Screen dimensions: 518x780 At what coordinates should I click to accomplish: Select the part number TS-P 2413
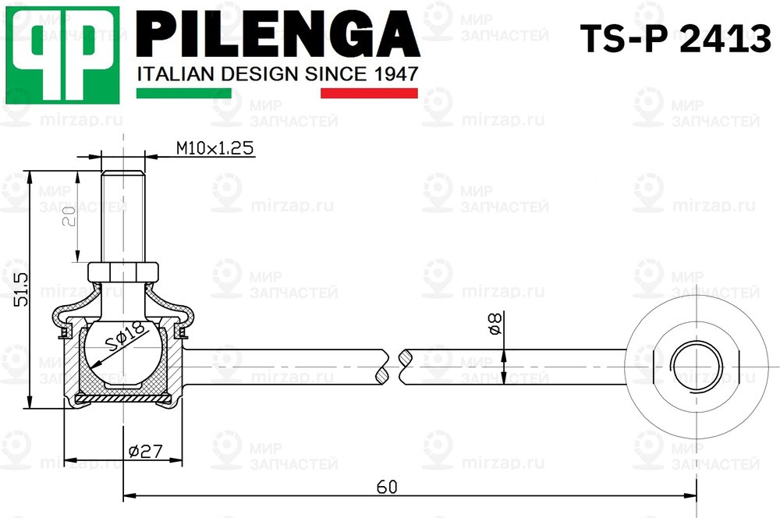(x=674, y=40)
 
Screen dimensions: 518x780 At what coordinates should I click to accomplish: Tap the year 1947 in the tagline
(x=393, y=74)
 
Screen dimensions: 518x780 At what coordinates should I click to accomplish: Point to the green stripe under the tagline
(x=183, y=93)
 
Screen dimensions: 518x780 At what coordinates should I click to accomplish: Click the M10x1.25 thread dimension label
(x=214, y=148)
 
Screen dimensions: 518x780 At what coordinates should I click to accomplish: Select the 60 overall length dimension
(x=387, y=487)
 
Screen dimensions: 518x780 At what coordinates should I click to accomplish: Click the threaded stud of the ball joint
(x=124, y=215)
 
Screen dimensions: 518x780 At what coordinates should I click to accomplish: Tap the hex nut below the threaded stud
(x=124, y=272)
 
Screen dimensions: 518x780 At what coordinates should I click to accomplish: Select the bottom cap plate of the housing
(x=124, y=399)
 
